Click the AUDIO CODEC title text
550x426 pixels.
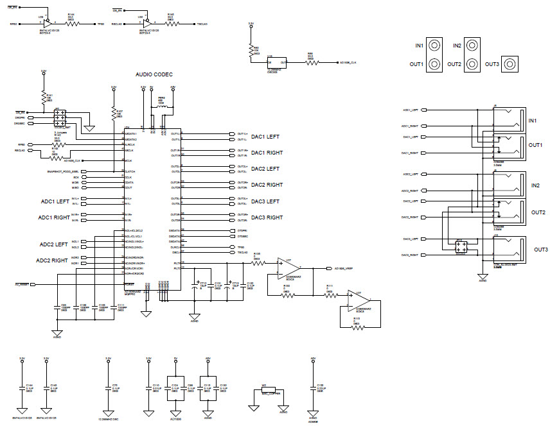coord(154,74)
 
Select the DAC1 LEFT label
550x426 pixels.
coord(264,137)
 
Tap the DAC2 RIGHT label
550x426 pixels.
coord(266,185)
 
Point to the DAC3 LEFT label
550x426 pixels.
coord(264,201)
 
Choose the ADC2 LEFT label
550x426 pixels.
coord(53,244)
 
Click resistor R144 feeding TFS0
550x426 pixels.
coord(71,24)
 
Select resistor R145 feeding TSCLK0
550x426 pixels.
coord(170,24)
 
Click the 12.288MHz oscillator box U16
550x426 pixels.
coord(277,63)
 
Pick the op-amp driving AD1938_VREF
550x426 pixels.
coord(284,268)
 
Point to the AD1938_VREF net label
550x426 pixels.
coord(345,268)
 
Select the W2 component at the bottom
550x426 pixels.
coord(268,389)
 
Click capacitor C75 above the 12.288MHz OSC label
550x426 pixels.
coord(108,388)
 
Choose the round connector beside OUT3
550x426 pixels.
coord(511,64)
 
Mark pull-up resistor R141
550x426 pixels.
coord(44,97)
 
